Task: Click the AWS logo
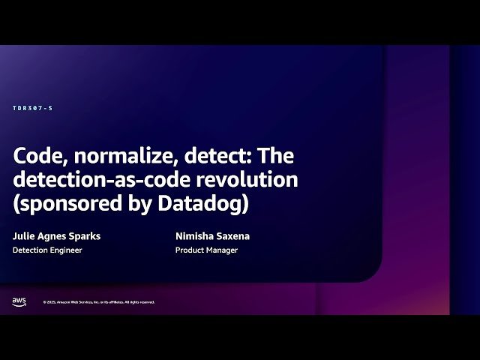click(19, 301)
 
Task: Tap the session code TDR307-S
click(33, 109)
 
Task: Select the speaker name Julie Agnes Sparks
click(56, 236)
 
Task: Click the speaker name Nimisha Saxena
click(212, 236)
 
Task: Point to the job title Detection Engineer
click(47, 250)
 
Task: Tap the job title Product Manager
click(206, 250)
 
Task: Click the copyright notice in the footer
click(99, 302)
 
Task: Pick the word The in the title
click(277, 157)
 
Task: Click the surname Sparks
click(84, 236)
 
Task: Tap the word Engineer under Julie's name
click(66, 250)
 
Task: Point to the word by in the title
click(141, 204)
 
